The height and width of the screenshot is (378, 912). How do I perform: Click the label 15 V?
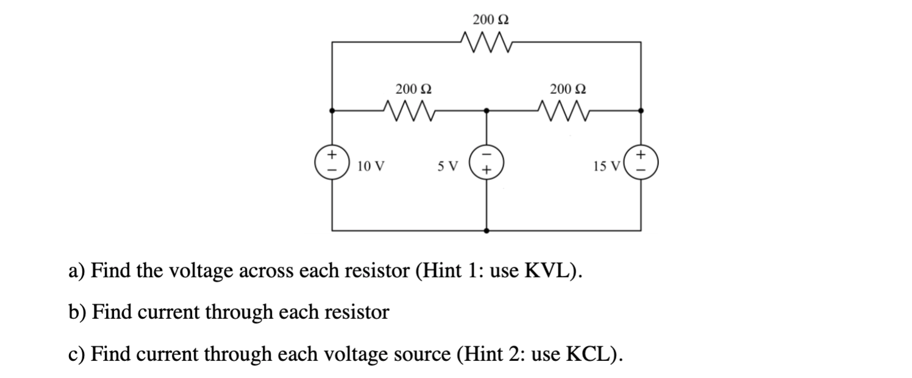(606, 165)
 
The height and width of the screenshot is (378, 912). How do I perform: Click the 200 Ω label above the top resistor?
(491, 20)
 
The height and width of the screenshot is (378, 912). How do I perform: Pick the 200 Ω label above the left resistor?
(414, 89)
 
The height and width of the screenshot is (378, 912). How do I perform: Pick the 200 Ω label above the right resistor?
(568, 89)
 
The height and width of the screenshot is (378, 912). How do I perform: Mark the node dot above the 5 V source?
(486, 111)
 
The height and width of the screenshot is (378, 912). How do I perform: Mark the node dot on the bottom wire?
(486, 231)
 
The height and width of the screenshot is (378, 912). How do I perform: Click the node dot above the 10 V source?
(332, 111)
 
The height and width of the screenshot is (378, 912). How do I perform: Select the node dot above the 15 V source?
(640, 111)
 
